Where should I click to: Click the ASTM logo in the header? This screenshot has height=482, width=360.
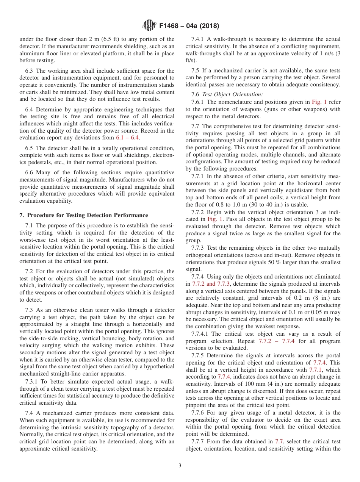click(149, 26)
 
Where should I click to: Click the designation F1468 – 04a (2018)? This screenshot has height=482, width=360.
click(189, 26)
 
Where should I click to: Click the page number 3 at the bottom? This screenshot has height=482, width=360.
click(180, 466)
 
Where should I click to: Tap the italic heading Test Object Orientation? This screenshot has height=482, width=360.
click(232, 94)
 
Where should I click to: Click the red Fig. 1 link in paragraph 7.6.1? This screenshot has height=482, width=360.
click(319, 102)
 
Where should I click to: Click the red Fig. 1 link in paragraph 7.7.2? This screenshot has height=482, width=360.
click(215, 219)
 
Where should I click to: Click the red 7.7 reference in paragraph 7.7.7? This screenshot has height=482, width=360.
click(279, 441)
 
